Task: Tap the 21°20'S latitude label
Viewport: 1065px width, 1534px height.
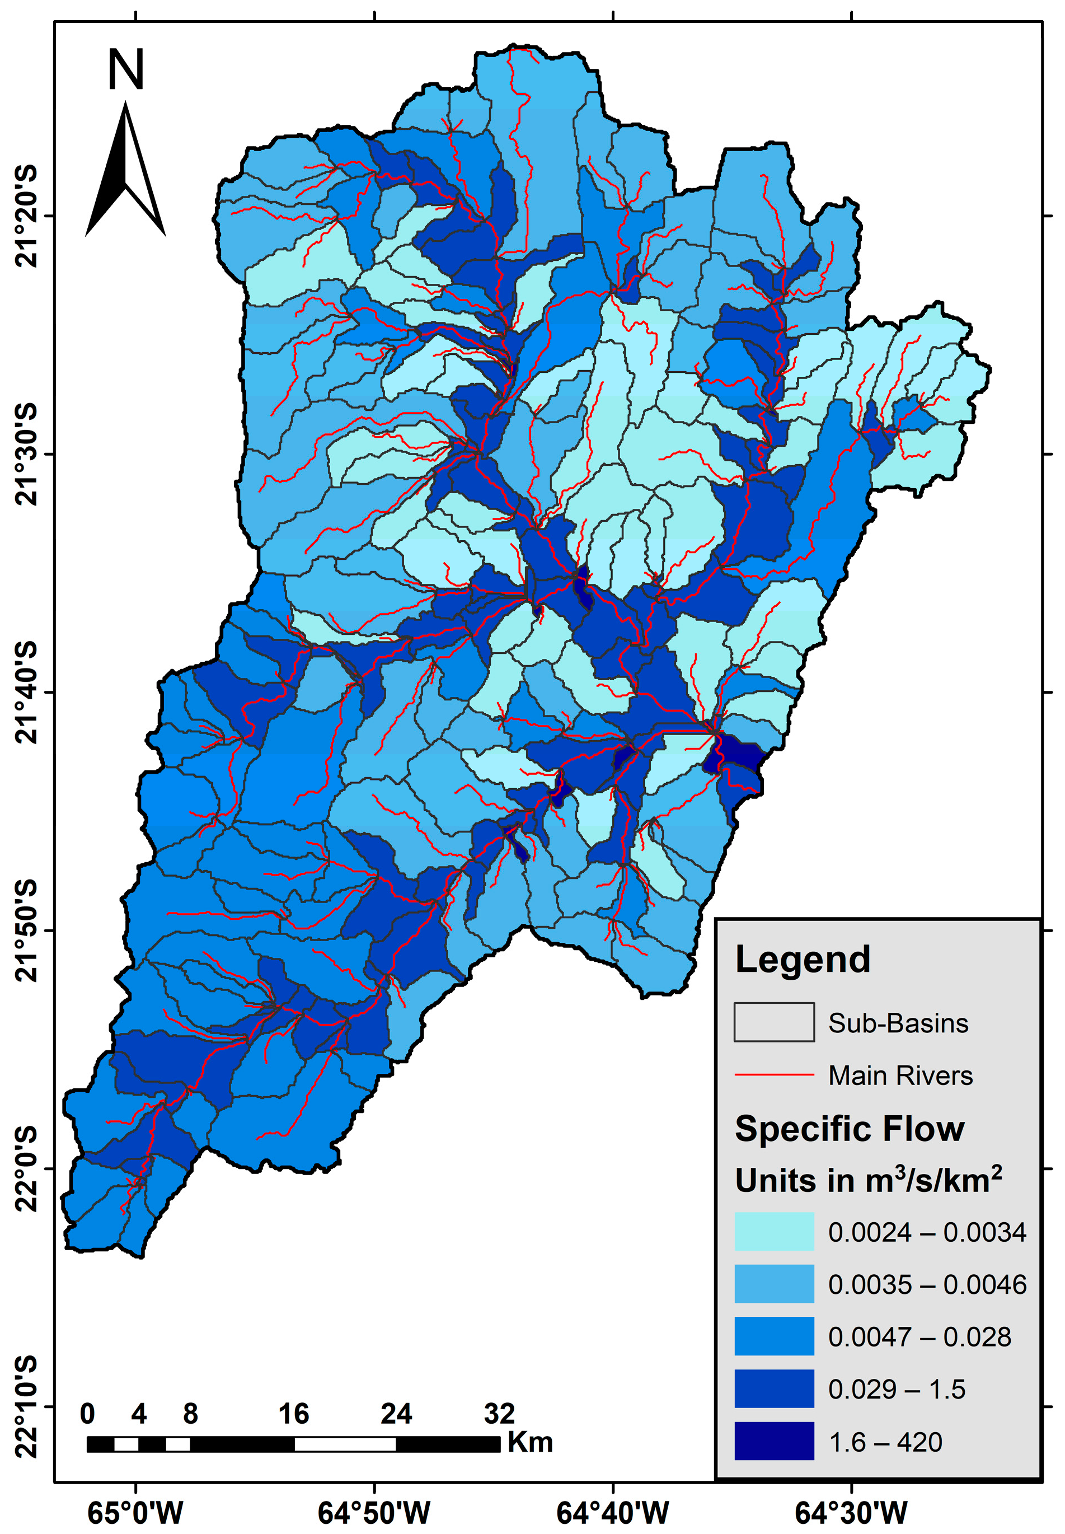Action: point(27,216)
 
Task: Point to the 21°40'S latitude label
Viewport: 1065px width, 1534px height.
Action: point(27,692)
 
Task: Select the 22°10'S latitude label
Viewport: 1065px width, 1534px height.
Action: point(27,1406)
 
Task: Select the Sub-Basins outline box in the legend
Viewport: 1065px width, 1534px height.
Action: point(774,1022)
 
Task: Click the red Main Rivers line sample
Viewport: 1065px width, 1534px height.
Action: point(774,1075)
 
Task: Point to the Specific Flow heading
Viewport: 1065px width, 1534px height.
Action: point(850,1129)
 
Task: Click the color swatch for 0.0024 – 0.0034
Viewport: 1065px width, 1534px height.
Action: point(774,1232)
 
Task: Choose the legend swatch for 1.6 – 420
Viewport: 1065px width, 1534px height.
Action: point(774,1441)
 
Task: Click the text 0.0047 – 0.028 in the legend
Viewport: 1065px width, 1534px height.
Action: point(919,1337)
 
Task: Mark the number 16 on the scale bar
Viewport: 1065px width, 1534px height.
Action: point(294,1414)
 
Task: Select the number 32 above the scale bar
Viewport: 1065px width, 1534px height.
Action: point(499,1414)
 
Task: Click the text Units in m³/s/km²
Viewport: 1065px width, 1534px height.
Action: point(867,1181)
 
